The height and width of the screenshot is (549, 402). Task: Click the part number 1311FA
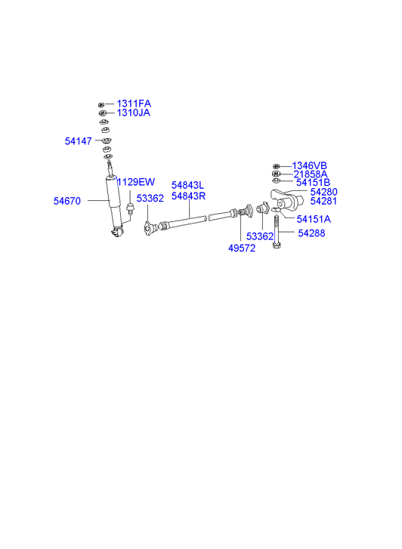point(134,103)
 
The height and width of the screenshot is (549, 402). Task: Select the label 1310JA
point(134,113)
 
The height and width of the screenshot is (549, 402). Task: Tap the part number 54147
point(78,141)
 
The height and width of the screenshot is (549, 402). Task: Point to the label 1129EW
point(135,182)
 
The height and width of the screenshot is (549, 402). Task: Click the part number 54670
point(67,201)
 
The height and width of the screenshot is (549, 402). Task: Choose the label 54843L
point(187,185)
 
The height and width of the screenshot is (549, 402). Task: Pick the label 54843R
point(188,196)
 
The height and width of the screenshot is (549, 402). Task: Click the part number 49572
point(242,248)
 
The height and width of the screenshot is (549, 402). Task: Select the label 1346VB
point(310,165)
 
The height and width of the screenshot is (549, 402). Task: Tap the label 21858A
point(311,174)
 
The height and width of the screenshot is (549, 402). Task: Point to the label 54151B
point(314,183)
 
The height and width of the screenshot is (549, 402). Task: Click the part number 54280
point(324,192)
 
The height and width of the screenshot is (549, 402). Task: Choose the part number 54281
point(323,201)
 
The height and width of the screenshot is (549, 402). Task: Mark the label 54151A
point(314,219)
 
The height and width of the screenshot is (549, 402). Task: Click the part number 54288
point(311,233)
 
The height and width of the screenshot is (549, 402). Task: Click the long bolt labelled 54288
point(276,232)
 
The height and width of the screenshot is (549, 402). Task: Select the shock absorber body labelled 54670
point(114,203)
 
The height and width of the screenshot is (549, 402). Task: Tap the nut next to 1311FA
point(101,104)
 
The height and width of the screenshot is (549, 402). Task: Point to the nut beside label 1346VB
point(276,166)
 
